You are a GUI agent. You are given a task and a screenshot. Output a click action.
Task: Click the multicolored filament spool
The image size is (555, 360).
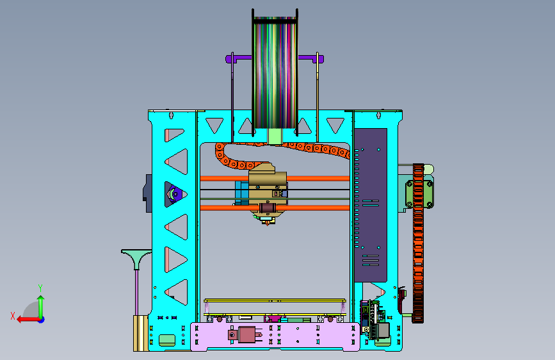click(275, 72)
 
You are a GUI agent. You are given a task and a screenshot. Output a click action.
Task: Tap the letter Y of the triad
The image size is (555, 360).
click(40, 288)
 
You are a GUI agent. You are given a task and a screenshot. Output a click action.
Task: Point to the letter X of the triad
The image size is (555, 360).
click(13, 316)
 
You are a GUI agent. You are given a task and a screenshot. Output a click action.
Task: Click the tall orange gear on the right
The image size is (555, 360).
click(418, 243)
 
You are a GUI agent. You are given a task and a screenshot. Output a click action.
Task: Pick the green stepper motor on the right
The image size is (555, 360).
click(419, 194)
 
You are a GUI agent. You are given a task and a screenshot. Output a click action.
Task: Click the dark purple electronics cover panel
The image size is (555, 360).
click(371, 205)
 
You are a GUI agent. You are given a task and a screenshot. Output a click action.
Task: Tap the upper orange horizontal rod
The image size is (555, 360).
click(275, 178)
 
